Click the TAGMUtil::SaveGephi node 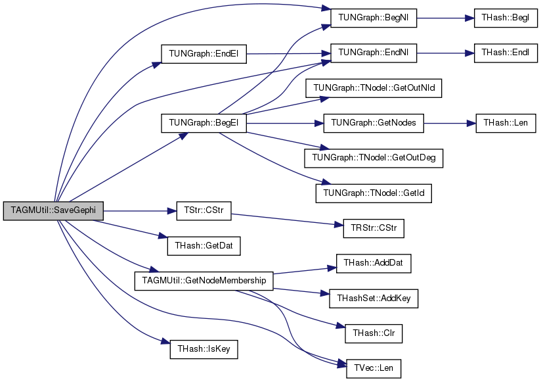(x=53, y=210)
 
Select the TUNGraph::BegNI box (x=374, y=18)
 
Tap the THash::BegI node (x=506, y=18)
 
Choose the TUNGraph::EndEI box (x=204, y=54)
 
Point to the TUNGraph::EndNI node (x=374, y=53)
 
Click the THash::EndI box (x=506, y=53)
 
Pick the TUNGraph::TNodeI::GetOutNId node (x=374, y=88)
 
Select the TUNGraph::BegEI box (x=204, y=123)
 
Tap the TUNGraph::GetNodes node (x=374, y=123)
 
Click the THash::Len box (x=506, y=123)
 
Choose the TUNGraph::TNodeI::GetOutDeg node (x=374, y=158)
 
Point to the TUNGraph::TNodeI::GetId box (x=374, y=193)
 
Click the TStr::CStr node (x=204, y=211)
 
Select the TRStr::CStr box (x=374, y=228)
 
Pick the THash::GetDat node (x=204, y=246)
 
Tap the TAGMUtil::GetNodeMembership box (x=204, y=281)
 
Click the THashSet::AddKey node (x=374, y=298)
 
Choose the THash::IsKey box (x=204, y=349)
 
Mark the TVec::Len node (x=374, y=369)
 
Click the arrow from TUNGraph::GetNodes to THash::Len (x=450, y=124)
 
